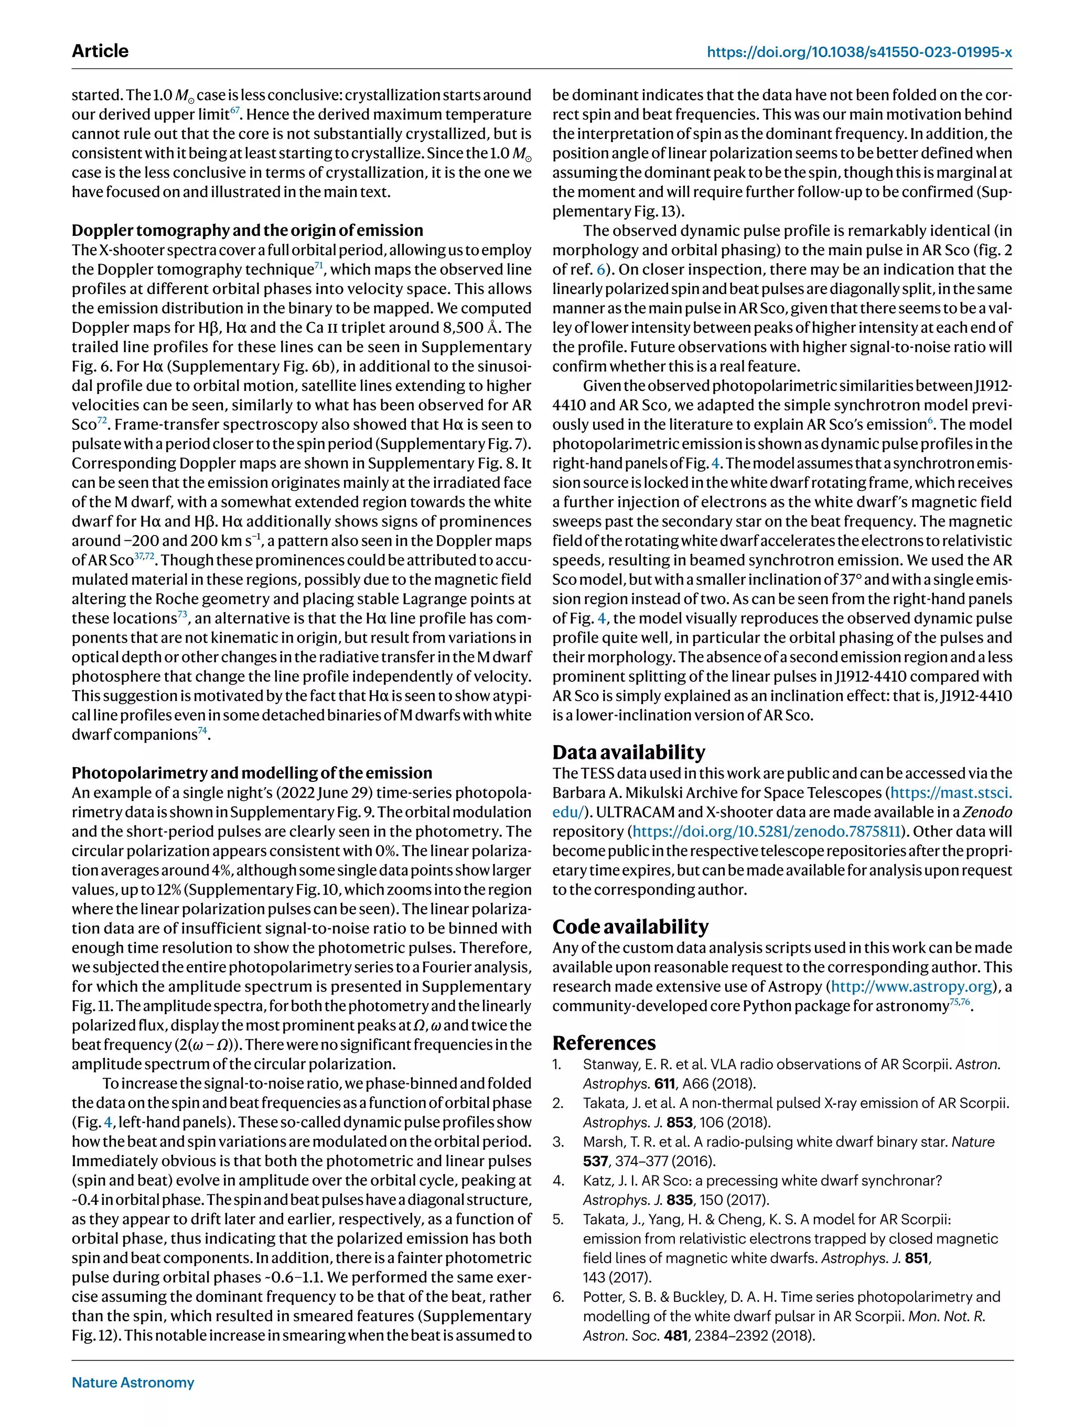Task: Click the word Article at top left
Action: click(100, 51)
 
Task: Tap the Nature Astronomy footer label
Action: click(133, 1382)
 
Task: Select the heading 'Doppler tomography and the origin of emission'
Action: click(247, 230)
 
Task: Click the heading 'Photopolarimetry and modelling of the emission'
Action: click(252, 773)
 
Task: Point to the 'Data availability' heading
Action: click(628, 753)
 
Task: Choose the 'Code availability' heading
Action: click(630, 927)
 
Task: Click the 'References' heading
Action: click(604, 1043)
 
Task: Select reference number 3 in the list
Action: click(558, 1142)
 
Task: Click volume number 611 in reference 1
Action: click(664, 1084)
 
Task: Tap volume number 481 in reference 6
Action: click(675, 1335)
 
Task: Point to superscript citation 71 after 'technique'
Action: click(319, 265)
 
